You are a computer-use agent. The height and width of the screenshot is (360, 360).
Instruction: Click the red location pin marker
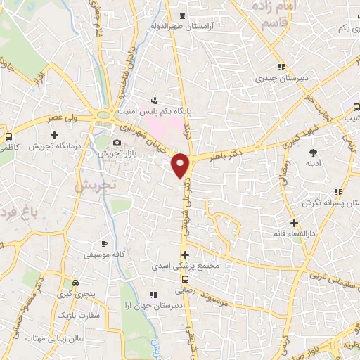click(181, 165)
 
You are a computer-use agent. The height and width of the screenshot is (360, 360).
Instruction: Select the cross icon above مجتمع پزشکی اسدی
click(185, 255)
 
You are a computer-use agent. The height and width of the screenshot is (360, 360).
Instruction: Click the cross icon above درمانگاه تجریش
click(54, 135)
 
